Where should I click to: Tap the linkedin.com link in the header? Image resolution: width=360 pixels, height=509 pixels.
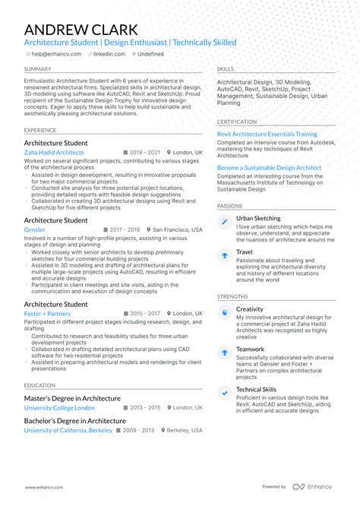pyautogui.click(x=109, y=55)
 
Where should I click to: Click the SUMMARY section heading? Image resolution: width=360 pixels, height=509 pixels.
pyautogui.click(x=37, y=68)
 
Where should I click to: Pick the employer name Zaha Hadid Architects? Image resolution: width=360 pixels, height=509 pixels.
pyautogui.click(x=54, y=153)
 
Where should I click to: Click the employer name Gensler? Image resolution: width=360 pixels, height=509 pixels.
pyautogui.click(x=34, y=229)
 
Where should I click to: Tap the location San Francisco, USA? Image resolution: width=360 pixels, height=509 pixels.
pyautogui.click(x=177, y=229)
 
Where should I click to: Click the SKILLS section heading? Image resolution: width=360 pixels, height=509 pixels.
pyautogui.click(x=225, y=68)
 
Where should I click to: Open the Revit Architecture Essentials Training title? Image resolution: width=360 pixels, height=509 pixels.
pyautogui.click(x=267, y=134)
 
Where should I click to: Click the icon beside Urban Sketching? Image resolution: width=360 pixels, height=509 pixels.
pyautogui.click(x=224, y=222)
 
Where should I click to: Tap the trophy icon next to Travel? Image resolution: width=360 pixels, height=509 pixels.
pyautogui.click(x=224, y=255)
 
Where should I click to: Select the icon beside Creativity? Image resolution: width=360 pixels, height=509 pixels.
pyautogui.click(x=224, y=312)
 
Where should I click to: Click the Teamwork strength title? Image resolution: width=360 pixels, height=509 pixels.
pyautogui.click(x=250, y=349)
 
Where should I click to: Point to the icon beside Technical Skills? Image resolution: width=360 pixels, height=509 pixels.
pyautogui.click(x=224, y=392)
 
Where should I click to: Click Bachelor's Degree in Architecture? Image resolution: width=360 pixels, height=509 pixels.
pyautogui.click(x=74, y=420)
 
